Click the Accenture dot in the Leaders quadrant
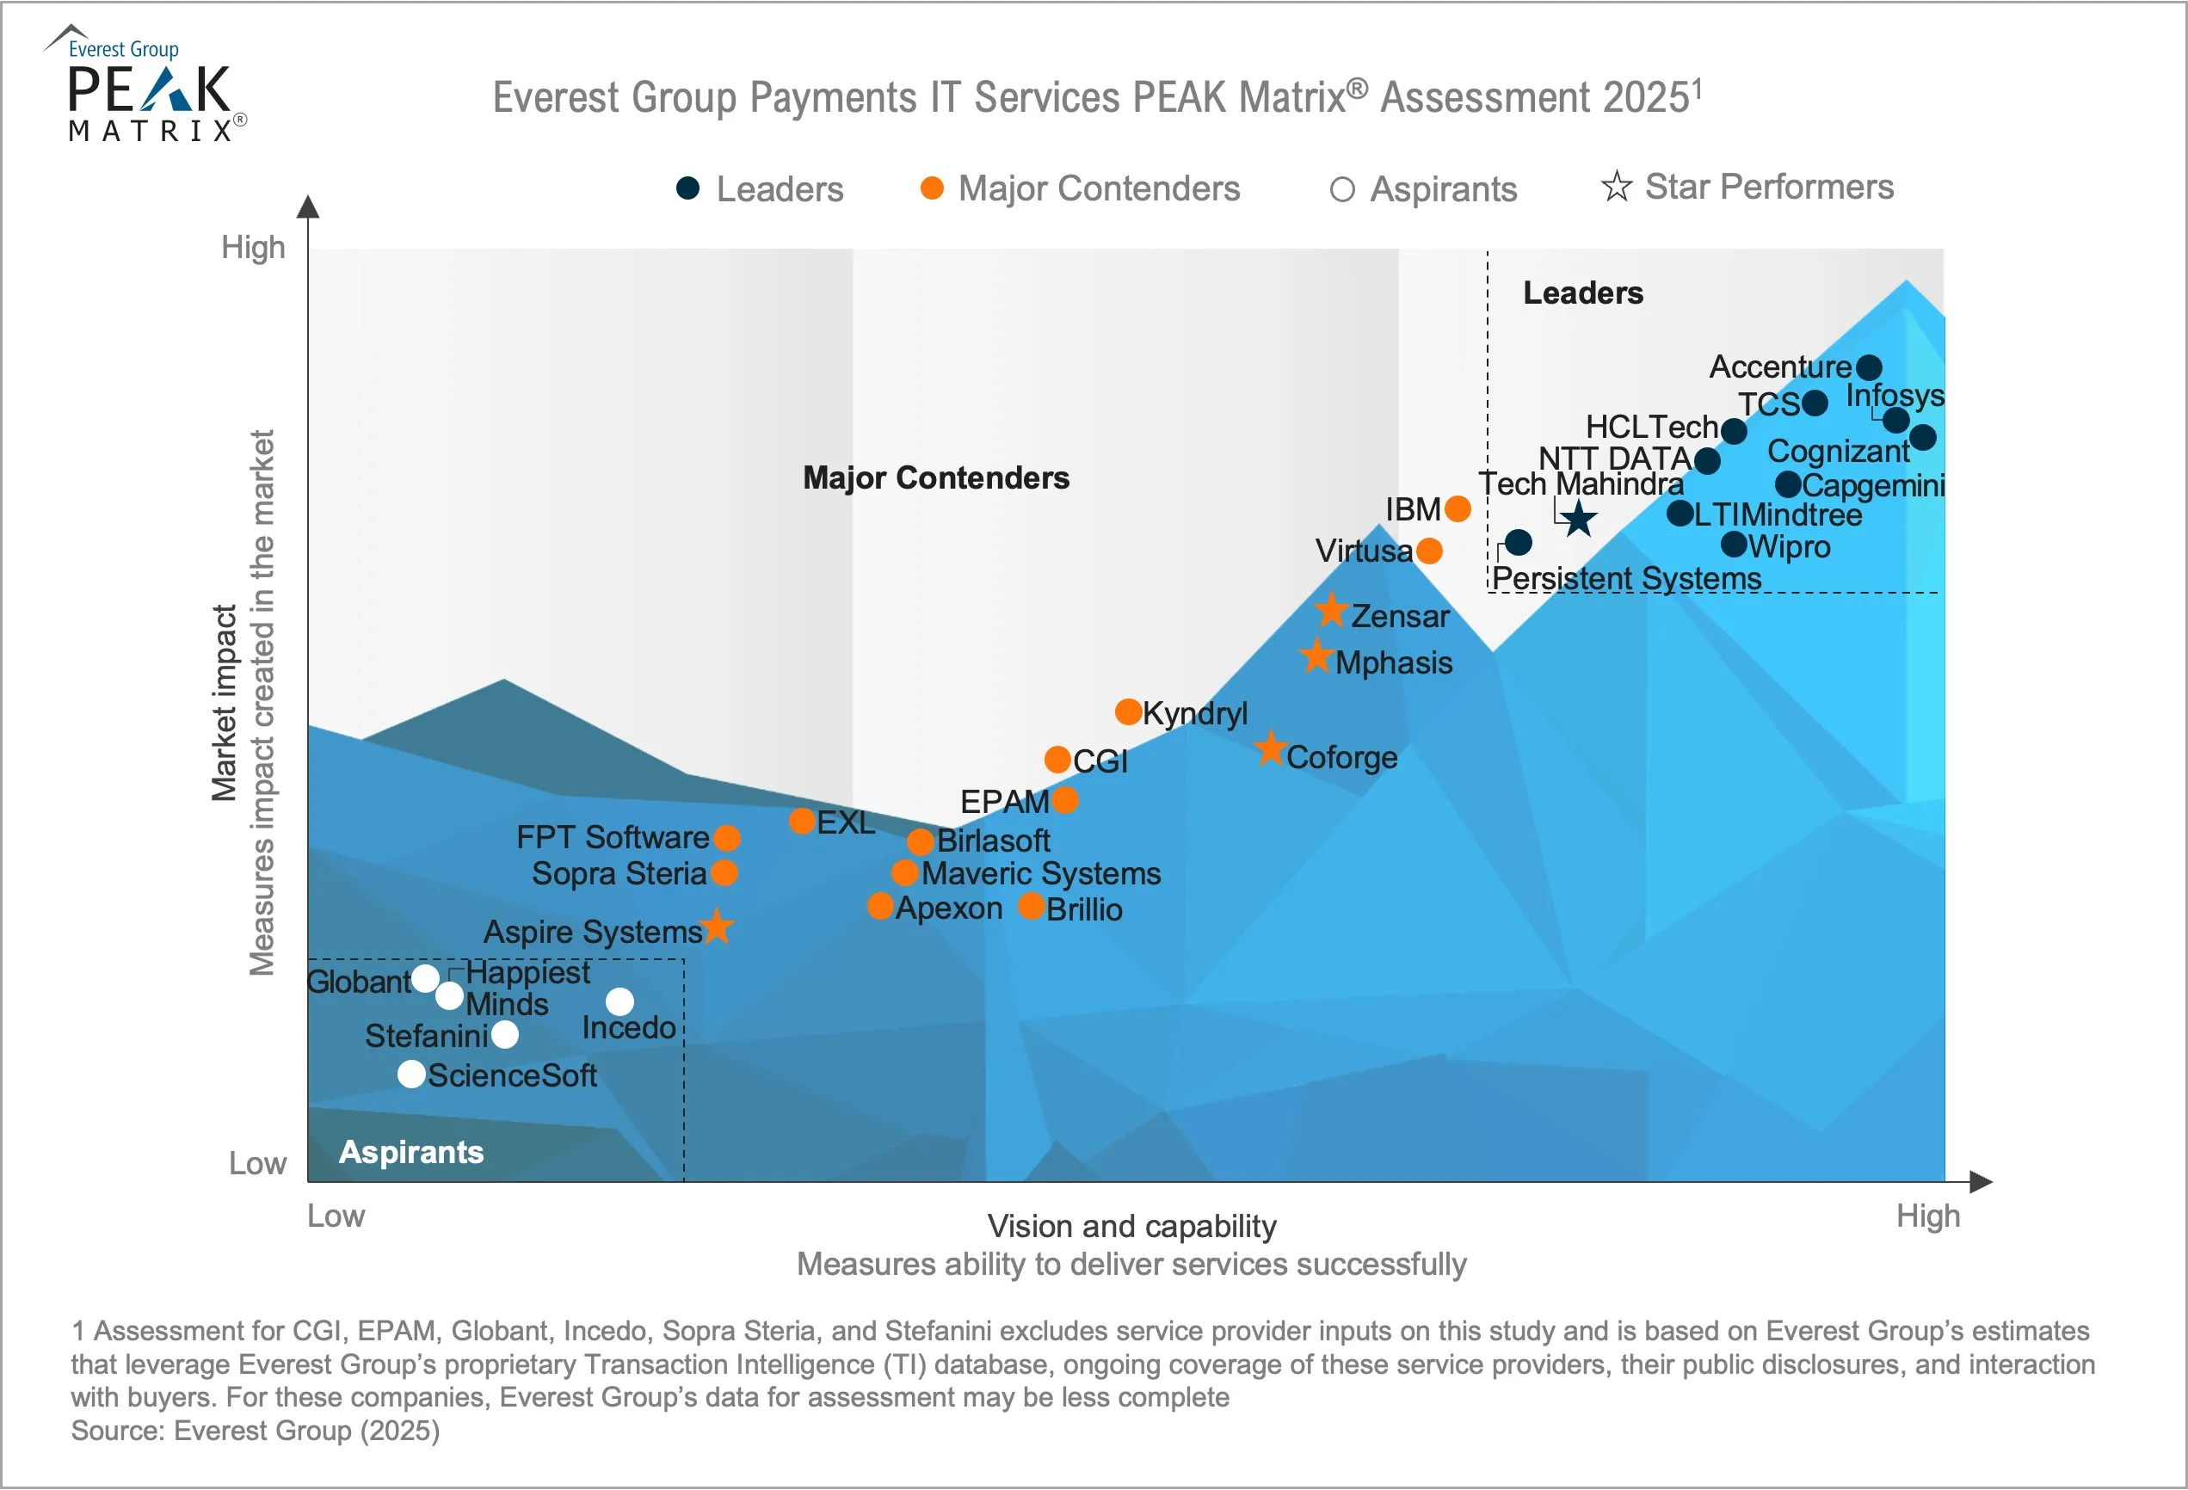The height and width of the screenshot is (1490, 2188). [x=1869, y=367]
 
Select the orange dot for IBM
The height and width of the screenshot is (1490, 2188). [x=1458, y=509]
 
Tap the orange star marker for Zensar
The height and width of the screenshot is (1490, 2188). [x=1331, y=611]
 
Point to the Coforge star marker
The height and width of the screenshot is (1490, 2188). [x=1270, y=749]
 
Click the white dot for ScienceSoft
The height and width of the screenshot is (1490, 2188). [x=411, y=1074]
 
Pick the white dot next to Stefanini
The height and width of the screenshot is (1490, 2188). [x=505, y=1034]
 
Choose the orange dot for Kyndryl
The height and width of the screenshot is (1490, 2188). [x=1128, y=711]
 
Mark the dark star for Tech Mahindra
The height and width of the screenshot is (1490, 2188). [x=1578, y=519]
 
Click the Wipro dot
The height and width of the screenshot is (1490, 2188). [x=1733, y=544]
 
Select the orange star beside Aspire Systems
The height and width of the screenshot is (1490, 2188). [x=718, y=927]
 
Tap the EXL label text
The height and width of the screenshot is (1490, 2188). [x=846, y=822]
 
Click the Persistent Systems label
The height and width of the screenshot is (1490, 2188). [x=1626, y=578]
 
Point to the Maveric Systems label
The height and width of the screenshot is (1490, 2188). [x=1040, y=873]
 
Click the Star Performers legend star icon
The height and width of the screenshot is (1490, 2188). [x=1617, y=187]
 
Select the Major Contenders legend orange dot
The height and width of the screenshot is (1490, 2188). [x=932, y=188]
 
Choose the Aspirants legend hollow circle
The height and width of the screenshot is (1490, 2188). [x=1341, y=190]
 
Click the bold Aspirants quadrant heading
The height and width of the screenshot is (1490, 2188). [x=411, y=1152]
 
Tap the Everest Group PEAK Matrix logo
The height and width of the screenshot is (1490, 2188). [x=149, y=87]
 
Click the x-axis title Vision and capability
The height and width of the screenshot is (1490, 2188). [x=1131, y=1227]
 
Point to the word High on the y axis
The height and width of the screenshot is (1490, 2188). [x=252, y=248]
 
